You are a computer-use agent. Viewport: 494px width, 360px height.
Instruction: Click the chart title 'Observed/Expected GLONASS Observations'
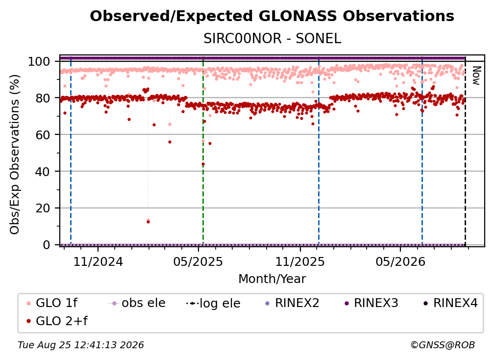tap(272, 16)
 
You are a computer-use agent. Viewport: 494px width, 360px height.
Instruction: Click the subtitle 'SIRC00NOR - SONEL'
tap(272, 39)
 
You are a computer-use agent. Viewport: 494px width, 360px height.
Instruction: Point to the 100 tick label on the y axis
tap(39, 61)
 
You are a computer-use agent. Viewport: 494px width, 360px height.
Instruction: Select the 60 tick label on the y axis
tap(43, 135)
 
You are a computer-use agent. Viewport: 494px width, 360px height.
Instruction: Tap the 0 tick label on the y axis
tap(46, 245)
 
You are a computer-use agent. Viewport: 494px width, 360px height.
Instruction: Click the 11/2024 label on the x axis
tap(98, 261)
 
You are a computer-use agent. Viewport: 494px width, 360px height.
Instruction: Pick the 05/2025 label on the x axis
tap(198, 261)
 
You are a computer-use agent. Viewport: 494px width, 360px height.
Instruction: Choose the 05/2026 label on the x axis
tap(400, 261)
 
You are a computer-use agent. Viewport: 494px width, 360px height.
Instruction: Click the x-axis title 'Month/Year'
tap(272, 279)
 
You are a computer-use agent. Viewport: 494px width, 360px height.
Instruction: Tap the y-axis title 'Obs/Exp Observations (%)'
tap(15, 154)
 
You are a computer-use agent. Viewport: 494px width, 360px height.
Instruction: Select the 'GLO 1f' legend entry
tap(52, 303)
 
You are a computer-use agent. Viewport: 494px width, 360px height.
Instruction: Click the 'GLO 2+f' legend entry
tap(57, 321)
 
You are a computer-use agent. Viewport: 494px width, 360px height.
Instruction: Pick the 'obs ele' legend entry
tap(137, 303)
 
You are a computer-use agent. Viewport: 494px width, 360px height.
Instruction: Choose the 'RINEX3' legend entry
tap(371, 303)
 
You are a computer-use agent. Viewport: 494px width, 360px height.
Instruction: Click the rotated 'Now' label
tap(476, 76)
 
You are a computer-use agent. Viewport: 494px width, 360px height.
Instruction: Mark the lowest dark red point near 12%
tap(148, 222)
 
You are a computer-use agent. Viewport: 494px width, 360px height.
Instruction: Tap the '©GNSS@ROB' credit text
tap(443, 345)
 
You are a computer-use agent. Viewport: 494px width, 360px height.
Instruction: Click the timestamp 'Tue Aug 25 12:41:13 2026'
tap(81, 345)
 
